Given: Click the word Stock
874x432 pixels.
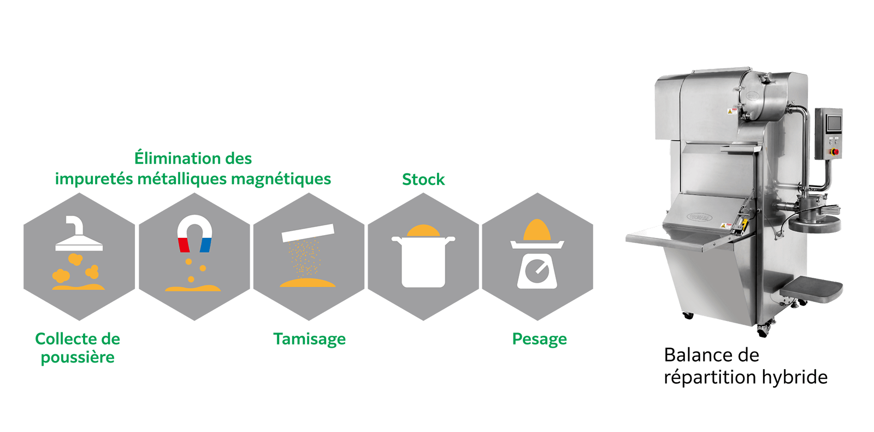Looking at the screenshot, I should pos(423,179).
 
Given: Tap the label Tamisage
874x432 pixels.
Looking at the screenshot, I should pos(309,339).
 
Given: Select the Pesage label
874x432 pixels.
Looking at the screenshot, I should pos(539,339).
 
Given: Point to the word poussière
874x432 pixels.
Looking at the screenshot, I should pos(78,358).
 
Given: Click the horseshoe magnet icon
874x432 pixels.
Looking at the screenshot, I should pos(194,232).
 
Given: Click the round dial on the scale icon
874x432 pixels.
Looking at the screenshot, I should pos(537,271).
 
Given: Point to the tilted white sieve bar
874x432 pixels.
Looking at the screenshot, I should pos(308,232).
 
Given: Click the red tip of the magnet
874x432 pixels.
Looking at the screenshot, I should pos(184,245).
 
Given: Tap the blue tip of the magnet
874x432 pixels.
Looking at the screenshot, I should pos(205,245).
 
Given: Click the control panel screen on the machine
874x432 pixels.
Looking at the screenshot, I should pos(834,124).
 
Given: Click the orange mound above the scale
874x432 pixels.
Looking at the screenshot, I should pos(537,230).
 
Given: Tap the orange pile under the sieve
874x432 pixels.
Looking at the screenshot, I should pos(308,283).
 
